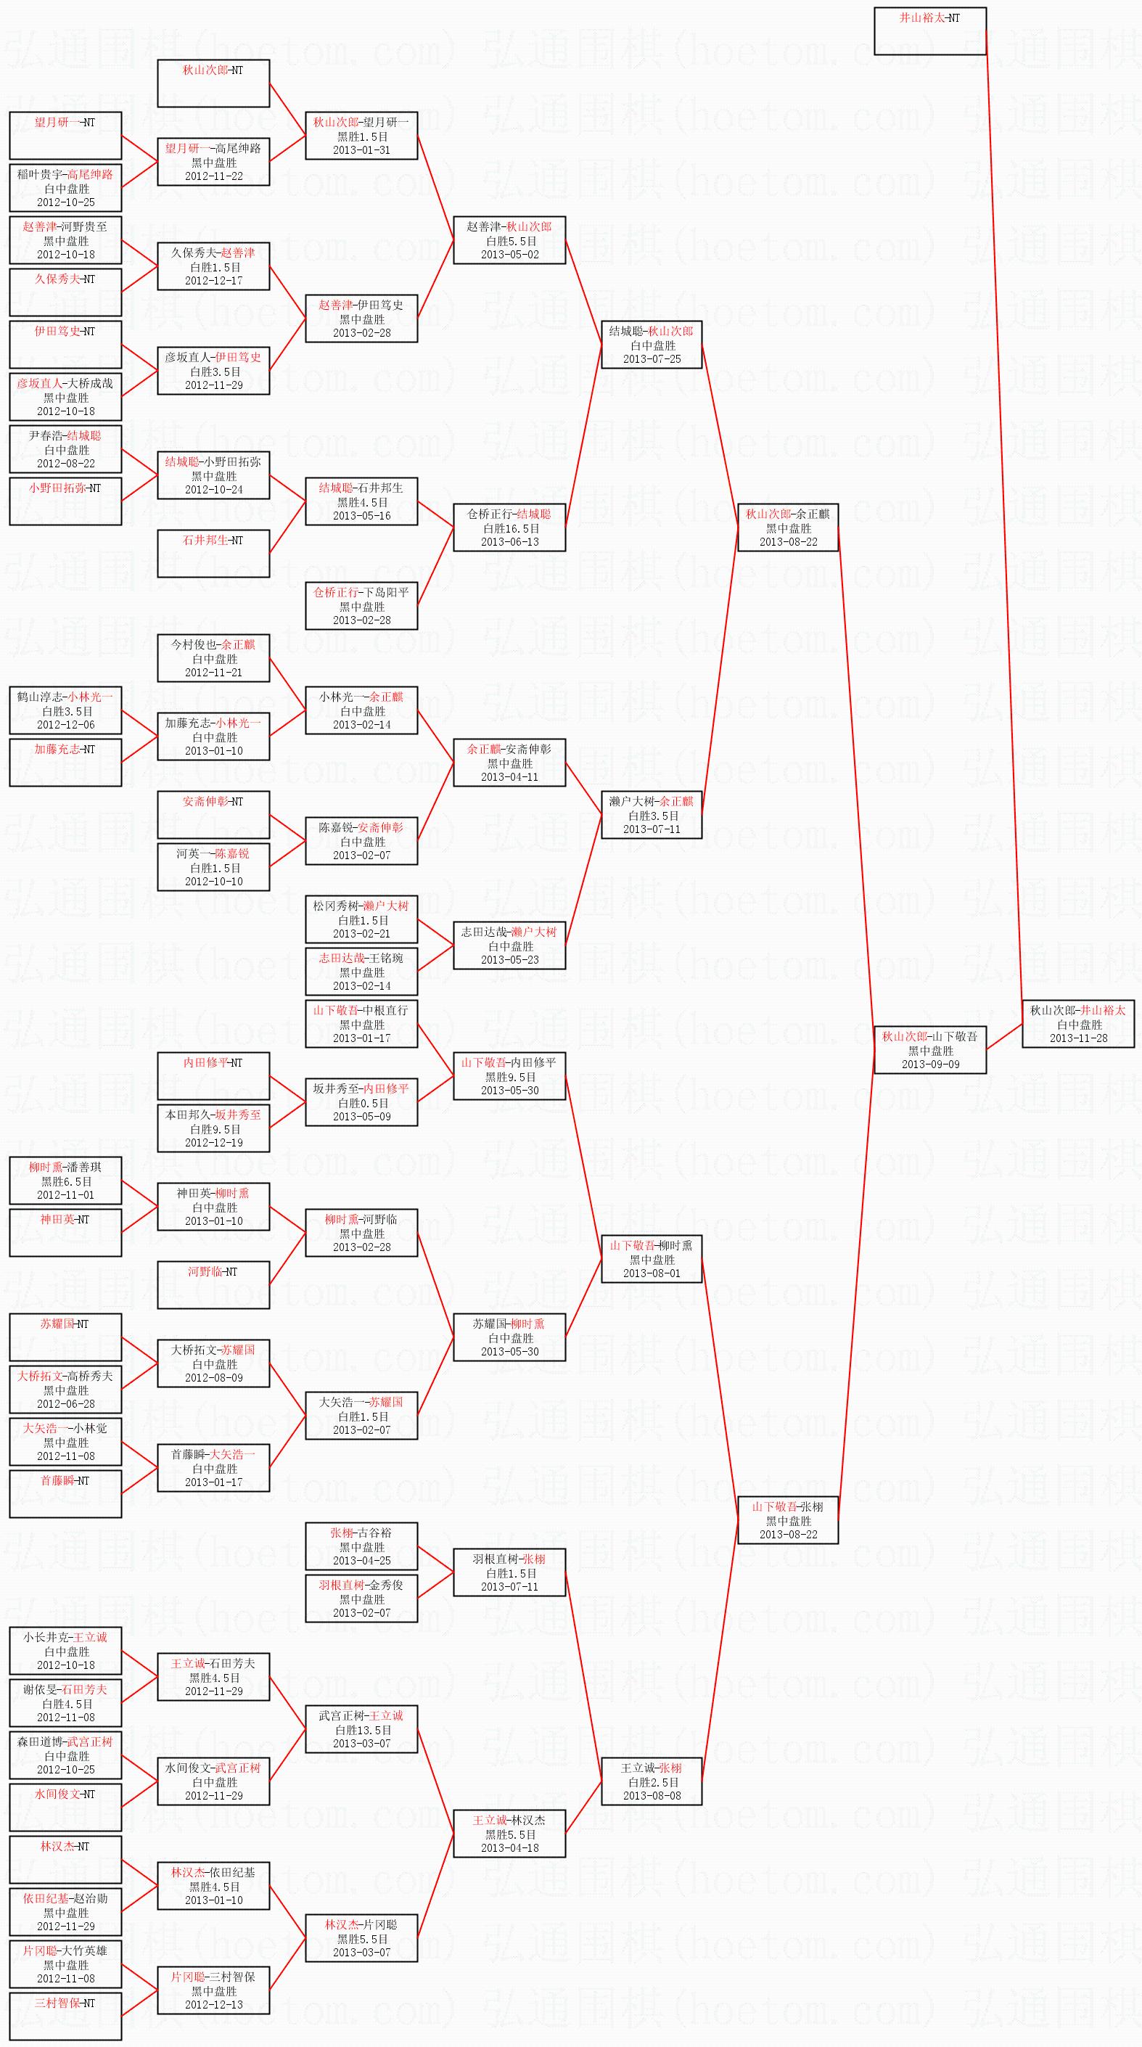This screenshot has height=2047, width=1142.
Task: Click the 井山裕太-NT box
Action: (930, 31)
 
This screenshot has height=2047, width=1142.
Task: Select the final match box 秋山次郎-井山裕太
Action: (1077, 1023)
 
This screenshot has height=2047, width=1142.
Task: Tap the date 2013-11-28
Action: (1077, 1038)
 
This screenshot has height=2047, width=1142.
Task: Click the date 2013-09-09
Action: (930, 1064)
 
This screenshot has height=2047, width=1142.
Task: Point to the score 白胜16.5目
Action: (510, 528)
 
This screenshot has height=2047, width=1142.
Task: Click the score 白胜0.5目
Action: (362, 1103)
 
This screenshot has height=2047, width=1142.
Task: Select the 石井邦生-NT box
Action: (213, 553)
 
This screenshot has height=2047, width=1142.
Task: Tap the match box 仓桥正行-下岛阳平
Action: (361, 605)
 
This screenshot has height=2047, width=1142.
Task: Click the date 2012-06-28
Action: (66, 1404)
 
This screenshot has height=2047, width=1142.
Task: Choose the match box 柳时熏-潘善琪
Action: (66, 1180)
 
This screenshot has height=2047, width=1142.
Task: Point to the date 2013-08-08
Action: (652, 1796)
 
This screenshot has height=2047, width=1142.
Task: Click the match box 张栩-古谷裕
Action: (361, 1546)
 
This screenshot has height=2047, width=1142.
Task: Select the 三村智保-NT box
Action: (66, 2015)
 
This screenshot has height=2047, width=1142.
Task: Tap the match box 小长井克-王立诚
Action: (66, 1651)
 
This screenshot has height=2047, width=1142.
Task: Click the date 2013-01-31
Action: (361, 150)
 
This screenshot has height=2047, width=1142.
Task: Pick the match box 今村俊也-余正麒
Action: (213, 658)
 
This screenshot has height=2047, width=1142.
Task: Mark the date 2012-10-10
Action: (214, 881)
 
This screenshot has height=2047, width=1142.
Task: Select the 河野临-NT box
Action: (213, 1284)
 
